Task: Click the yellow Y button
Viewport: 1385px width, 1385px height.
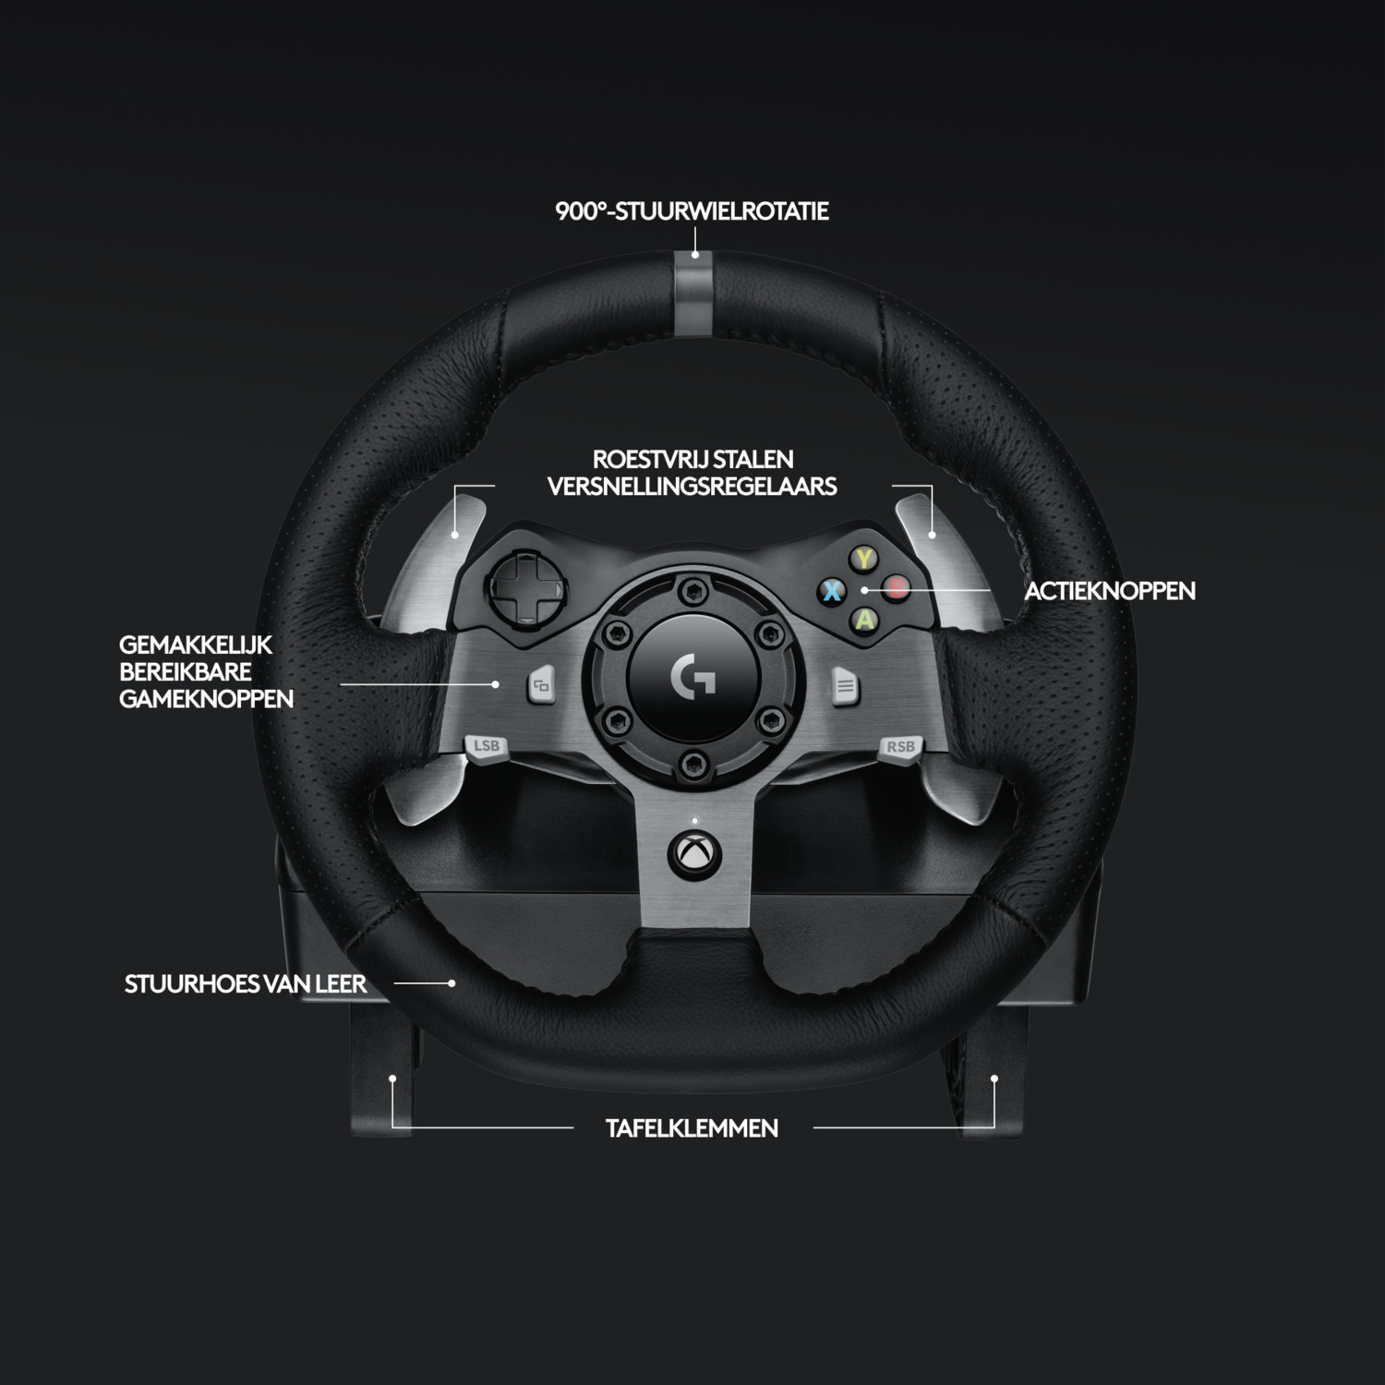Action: (x=863, y=559)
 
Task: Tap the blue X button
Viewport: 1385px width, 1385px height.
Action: (x=832, y=590)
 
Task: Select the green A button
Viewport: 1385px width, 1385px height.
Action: (x=864, y=620)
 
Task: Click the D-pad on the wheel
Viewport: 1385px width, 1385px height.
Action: (x=518, y=585)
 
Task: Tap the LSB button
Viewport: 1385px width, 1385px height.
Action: (x=486, y=747)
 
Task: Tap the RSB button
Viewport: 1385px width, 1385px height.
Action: (x=899, y=747)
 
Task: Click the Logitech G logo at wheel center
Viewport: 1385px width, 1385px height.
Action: (x=693, y=677)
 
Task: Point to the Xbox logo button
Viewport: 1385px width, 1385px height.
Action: (x=693, y=852)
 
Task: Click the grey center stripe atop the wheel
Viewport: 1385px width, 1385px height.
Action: (x=693, y=294)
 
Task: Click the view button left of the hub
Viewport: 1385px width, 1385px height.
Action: (x=541, y=686)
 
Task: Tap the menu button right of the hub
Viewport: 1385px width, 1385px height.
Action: (x=845, y=686)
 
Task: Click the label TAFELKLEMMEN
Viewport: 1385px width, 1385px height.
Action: (x=692, y=1128)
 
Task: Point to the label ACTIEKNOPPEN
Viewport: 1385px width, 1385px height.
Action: (x=1110, y=591)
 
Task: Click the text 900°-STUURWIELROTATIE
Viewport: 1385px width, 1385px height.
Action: (x=692, y=211)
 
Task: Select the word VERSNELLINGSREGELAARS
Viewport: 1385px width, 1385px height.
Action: (x=692, y=487)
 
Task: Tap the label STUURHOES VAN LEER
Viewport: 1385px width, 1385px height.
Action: (x=246, y=984)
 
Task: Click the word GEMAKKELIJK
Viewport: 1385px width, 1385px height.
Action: (x=196, y=644)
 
